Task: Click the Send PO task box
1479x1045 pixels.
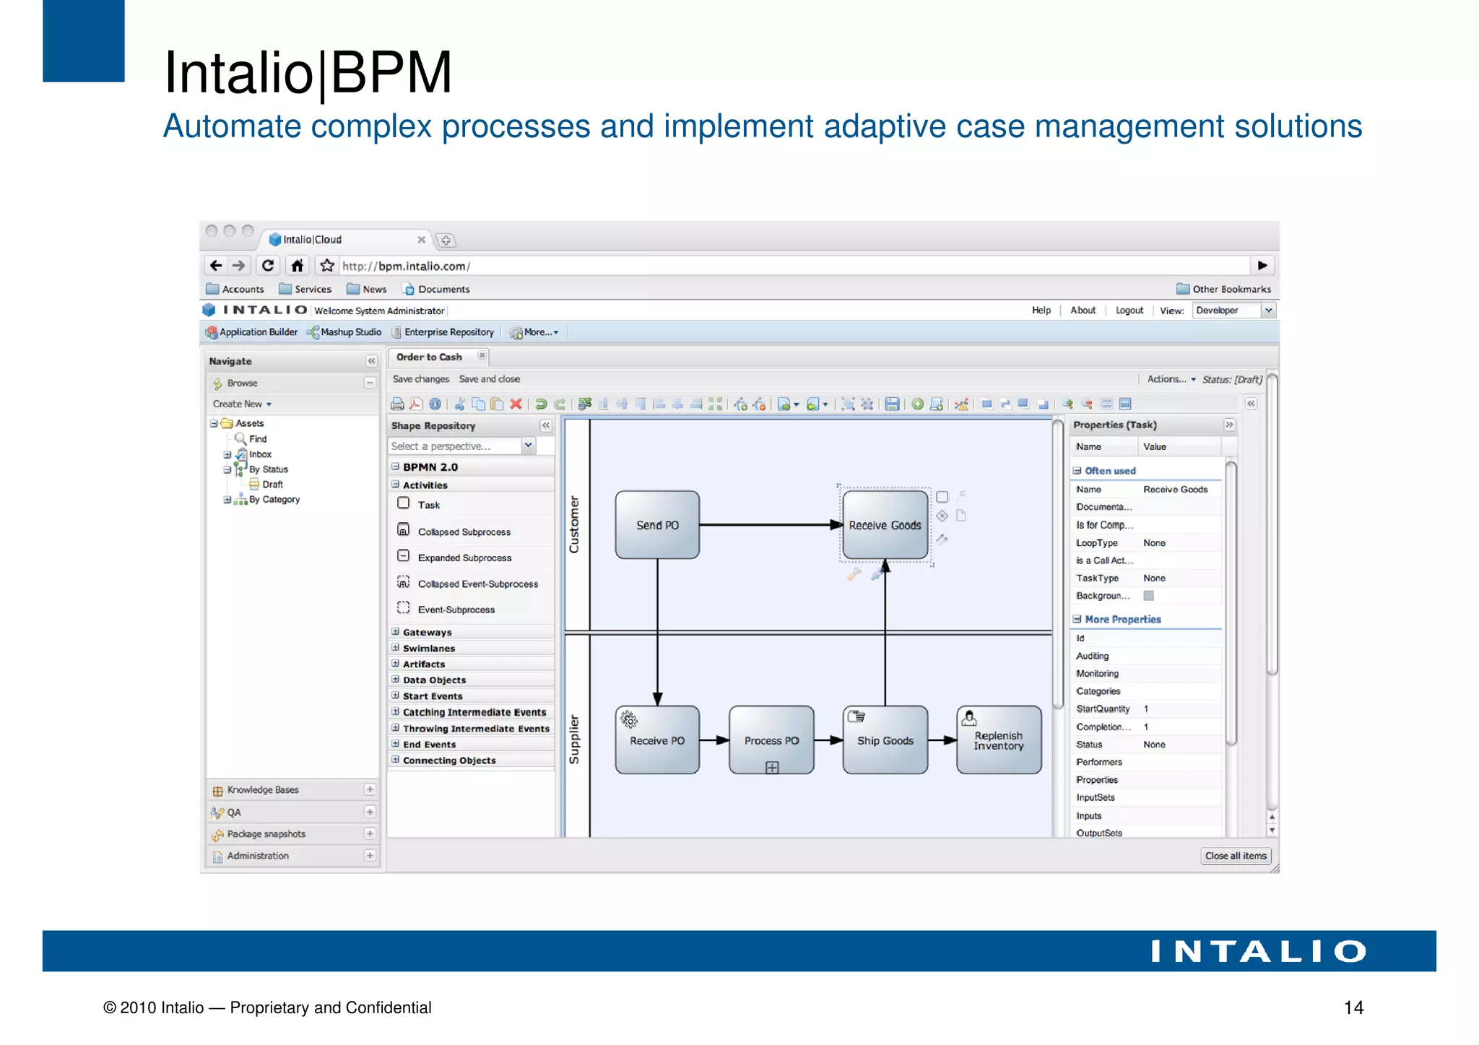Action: [x=657, y=525]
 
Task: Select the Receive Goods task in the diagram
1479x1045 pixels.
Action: [x=885, y=525]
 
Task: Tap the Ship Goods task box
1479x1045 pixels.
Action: [x=885, y=740]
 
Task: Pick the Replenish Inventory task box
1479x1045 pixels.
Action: [x=999, y=740]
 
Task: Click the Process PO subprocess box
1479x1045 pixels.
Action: [x=771, y=740]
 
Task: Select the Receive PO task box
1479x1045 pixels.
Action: [x=657, y=740]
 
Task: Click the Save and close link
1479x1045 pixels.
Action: [x=489, y=379]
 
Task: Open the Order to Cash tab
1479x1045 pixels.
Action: [x=429, y=357]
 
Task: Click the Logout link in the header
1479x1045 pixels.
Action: [x=1129, y=311]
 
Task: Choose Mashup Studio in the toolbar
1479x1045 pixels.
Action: [x=350, y=332]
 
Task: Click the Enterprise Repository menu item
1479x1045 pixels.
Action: [x=448, y=332]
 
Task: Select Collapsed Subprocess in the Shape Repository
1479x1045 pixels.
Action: [x=464, y=532]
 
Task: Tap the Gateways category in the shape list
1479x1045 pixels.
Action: [x=427, y=633]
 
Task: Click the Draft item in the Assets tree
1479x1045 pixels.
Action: [x=272, y=485]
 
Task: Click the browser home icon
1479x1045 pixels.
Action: [x=298, y=266]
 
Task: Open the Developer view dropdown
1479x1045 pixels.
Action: [x=1233, y=311]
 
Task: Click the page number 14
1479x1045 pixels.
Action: [x=1353, y=1007]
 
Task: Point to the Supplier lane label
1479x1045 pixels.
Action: [x=575, y=740]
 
